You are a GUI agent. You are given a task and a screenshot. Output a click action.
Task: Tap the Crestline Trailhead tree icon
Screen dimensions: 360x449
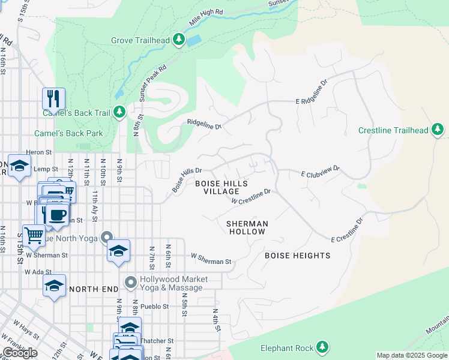438,130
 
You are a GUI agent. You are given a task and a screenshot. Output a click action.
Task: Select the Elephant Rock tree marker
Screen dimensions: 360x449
322,347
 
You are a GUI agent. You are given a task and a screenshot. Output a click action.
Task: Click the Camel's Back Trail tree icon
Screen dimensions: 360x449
119,112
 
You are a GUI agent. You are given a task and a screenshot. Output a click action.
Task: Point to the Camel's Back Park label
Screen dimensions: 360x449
68,133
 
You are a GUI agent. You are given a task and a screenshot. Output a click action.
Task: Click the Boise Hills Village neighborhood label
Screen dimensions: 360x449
221,187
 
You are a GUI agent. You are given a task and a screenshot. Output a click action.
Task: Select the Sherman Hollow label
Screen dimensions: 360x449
247,227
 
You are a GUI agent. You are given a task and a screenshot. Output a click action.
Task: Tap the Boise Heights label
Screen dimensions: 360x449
298,256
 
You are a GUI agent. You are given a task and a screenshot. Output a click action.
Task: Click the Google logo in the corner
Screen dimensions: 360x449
20,353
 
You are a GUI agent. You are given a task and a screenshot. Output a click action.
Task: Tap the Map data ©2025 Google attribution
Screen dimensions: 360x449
412,355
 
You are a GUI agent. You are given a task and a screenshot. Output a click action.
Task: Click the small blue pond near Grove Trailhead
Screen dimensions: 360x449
194,41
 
